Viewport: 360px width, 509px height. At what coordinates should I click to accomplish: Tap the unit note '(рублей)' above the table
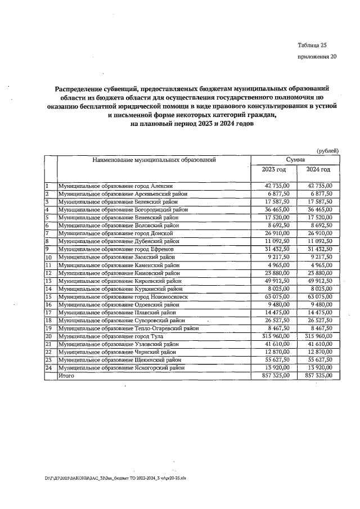[327, 151]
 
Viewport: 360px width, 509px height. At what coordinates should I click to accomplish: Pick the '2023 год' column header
[273, 170]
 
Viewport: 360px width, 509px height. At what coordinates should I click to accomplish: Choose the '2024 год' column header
[318, 170]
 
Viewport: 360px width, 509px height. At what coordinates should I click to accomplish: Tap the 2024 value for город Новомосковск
[319, 296]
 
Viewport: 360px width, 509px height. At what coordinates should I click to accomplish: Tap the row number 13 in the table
[48, 281]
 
